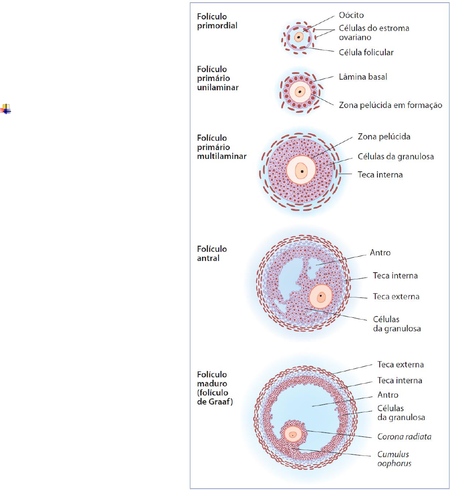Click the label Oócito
(x=351, y=15)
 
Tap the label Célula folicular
(x=366, y=52)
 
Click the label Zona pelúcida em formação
(x=390, y=105)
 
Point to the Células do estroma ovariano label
(x=374, y=33)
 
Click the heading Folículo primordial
(x=217, y=21)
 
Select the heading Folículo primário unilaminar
(x=218, y=78)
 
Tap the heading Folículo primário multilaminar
(x=222, y=147)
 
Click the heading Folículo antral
(x=212, y=253)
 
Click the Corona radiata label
(x=404, y=436)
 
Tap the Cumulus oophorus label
(x=393, y=459)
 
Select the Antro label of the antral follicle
(x=380, y=253)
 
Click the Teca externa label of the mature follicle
(x=400, y=365)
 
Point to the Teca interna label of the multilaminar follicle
(x=380, y=174)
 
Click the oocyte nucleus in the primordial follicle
(x=299, y=37)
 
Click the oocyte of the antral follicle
(x=321, y=297)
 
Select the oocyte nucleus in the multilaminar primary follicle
(x=301, y=171)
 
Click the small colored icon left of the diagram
(x=6, y=109)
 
